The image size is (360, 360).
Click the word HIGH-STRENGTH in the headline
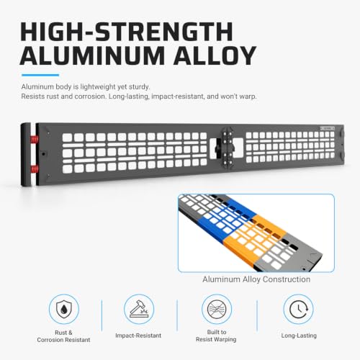pos(127,32)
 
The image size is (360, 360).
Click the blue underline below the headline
pos(40,75)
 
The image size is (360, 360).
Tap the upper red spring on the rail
pos(34,139)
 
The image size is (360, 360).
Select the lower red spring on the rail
pos(34,169)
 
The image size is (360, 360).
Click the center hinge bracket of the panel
pos(228,148)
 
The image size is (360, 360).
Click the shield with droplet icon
pos(64,310)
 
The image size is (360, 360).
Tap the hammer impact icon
pos(139,309)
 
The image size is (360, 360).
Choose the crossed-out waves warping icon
pos(217,310)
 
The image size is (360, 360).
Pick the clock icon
pos(299,310)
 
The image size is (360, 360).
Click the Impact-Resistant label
pos(138,336)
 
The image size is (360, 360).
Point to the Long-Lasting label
pos(299,336)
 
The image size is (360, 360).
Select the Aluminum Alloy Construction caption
pos(256,279)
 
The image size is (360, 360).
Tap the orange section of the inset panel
pos(254,240)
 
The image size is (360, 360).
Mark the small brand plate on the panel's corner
pos(327,129)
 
